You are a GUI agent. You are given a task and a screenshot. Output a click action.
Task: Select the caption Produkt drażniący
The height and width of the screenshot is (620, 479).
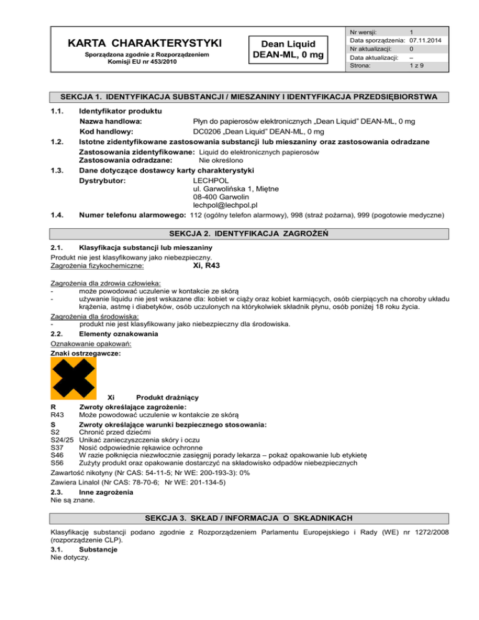162,397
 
